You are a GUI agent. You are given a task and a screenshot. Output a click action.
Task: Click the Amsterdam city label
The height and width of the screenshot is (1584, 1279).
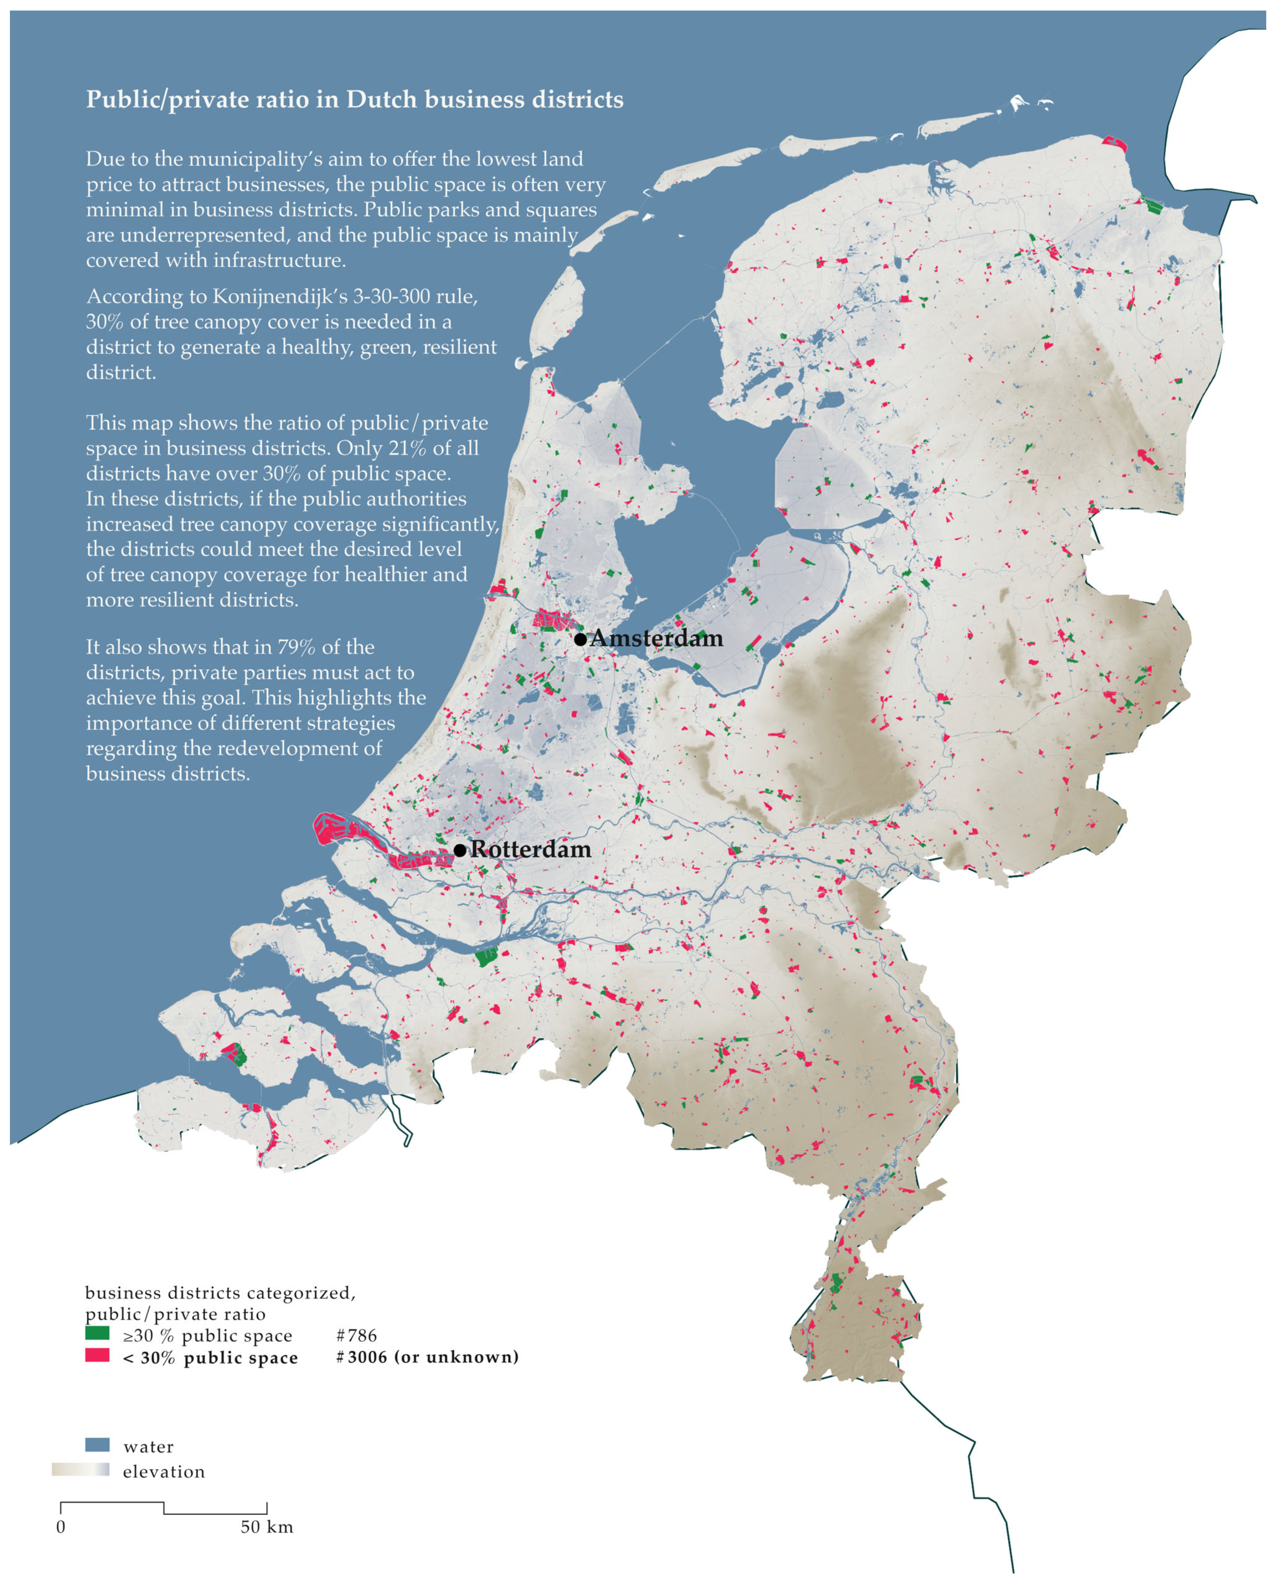[656, 638]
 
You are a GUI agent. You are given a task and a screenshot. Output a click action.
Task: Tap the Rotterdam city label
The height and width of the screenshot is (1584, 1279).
[531, 849]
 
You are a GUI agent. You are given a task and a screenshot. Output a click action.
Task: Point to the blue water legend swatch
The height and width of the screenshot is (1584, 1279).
[97, 1445]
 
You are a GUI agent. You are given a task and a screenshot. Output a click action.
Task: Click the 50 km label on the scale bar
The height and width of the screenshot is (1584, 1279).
[267, 1527]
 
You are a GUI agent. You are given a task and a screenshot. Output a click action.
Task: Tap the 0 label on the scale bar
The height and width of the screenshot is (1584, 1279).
[60, 1527]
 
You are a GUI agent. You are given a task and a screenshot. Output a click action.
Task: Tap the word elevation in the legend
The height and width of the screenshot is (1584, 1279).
[164, 1471]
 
